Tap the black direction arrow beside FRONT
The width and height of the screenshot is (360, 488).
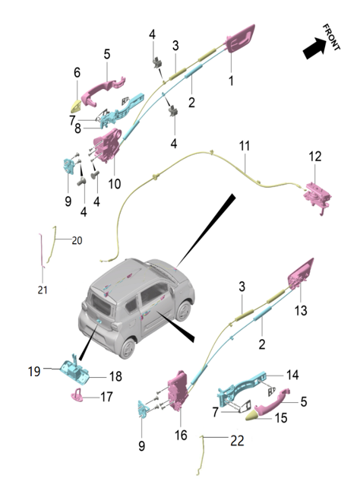[x=314, y=49]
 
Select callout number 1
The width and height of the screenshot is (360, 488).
[x=231, y=78]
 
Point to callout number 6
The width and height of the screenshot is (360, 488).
[x=77, y=72]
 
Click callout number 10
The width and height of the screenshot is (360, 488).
[x=115, y=183]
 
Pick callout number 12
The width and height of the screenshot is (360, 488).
[x=315, y=157]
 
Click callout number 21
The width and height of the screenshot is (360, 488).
[x=43, y=289]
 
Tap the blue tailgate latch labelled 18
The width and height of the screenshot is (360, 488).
[x=80, y=371]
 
